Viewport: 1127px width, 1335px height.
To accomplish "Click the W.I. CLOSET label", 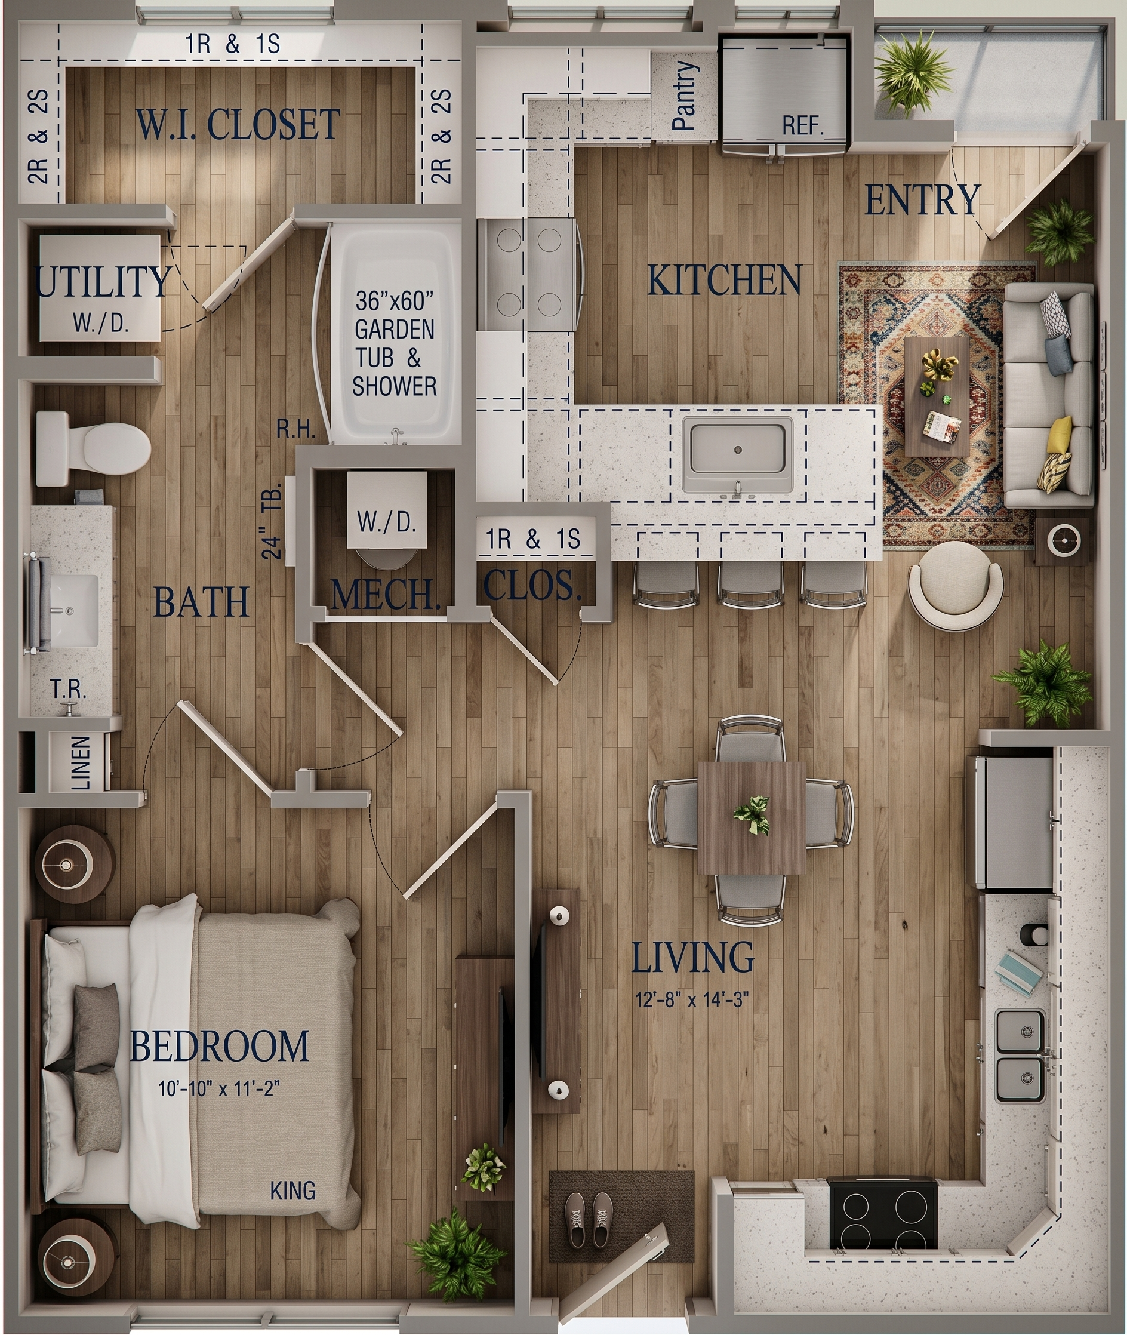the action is (x=238, y=125).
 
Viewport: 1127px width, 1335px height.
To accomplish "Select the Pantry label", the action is (x=684, y=96).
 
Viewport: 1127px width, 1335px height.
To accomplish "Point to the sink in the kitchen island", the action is (x=738, y=454).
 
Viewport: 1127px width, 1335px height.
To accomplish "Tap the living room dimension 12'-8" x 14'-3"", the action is (x=692, y=999).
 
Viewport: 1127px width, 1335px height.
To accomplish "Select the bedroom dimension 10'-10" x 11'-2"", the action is (x=220, y=1088).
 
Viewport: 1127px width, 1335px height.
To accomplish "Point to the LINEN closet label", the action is (x=81, y=763).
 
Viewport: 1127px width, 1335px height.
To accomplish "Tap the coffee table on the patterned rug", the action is (x=937, y=396).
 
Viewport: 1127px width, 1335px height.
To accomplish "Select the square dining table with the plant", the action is (x=752, y=817).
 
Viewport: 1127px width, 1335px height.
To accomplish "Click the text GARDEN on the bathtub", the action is (x=394, y=330).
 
